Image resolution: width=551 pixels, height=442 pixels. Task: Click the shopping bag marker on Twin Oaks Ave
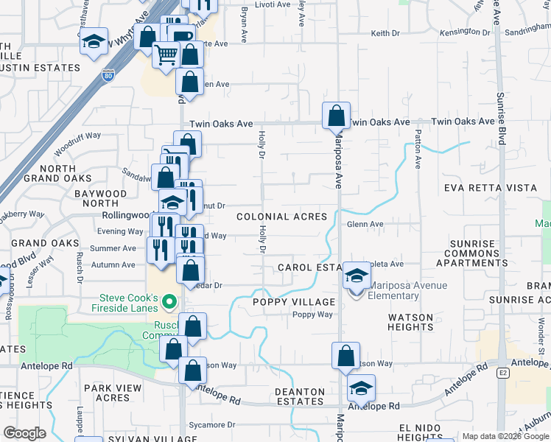(336, 115)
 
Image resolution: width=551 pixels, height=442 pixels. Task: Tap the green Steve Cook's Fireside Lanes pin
(169, 301)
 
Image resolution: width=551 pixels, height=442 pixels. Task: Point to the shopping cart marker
(166, 54)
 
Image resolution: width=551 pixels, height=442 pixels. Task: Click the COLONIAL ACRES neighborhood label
(281, 217)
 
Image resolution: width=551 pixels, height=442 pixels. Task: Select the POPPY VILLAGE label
(293, 302)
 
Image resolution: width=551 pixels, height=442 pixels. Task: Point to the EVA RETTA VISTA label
(491, 188)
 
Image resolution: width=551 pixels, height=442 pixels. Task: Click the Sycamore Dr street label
(211, 425)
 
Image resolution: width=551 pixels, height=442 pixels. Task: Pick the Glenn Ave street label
(365, 224)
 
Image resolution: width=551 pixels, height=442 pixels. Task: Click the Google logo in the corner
(24, 433)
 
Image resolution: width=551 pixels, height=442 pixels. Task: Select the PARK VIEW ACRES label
(107, 393)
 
